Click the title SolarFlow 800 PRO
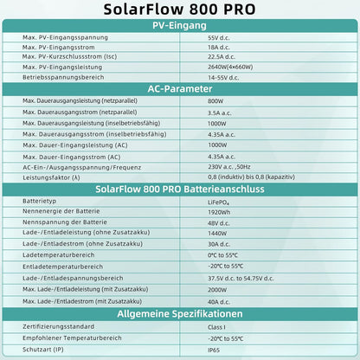coord(179,11)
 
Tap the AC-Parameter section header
coord(179,87)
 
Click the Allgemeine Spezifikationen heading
coord(179,312)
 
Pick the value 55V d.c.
coord(220,39)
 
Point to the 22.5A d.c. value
coord(223,57)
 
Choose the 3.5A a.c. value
coord(222,112)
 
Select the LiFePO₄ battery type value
coord(221,200)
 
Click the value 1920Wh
coord(220,211)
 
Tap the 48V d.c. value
coord(221,222)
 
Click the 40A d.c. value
coord(221,300)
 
